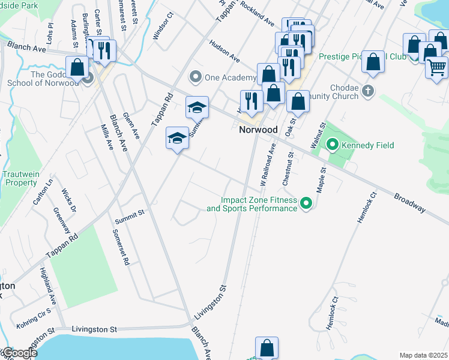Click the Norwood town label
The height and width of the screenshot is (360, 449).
pos(258,130)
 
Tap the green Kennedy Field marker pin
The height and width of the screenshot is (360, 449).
pos(331,145)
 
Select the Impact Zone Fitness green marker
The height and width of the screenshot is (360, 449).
pos(306,204)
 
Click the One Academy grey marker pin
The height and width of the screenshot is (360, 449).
pos(194,77)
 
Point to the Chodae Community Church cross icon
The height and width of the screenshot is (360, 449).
pos(368,92)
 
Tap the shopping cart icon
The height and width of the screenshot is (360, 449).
pos(436,67)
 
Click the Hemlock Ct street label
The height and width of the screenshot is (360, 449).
pos(366,208)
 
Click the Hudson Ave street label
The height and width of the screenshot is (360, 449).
pos(224,52)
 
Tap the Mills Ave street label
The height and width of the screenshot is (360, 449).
pos(106,137)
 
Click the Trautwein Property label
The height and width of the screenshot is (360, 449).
pos(20,178)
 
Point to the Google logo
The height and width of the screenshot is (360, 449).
pos(19,353)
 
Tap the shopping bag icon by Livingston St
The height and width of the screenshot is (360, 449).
pos(267,348)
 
